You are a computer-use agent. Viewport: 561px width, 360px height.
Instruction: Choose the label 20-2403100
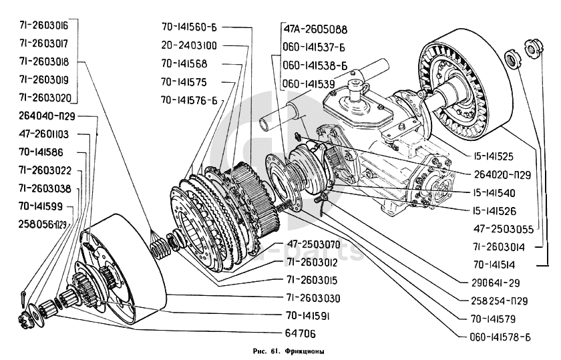(x=188, y=46)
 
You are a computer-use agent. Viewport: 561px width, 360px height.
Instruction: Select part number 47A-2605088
(x=315, y=30)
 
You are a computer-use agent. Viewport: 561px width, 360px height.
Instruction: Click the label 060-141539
(x=309, y=83)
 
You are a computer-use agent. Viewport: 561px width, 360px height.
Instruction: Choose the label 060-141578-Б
(x=495, y=336)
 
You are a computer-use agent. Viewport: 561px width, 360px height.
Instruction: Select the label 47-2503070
(x=314, y=244)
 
